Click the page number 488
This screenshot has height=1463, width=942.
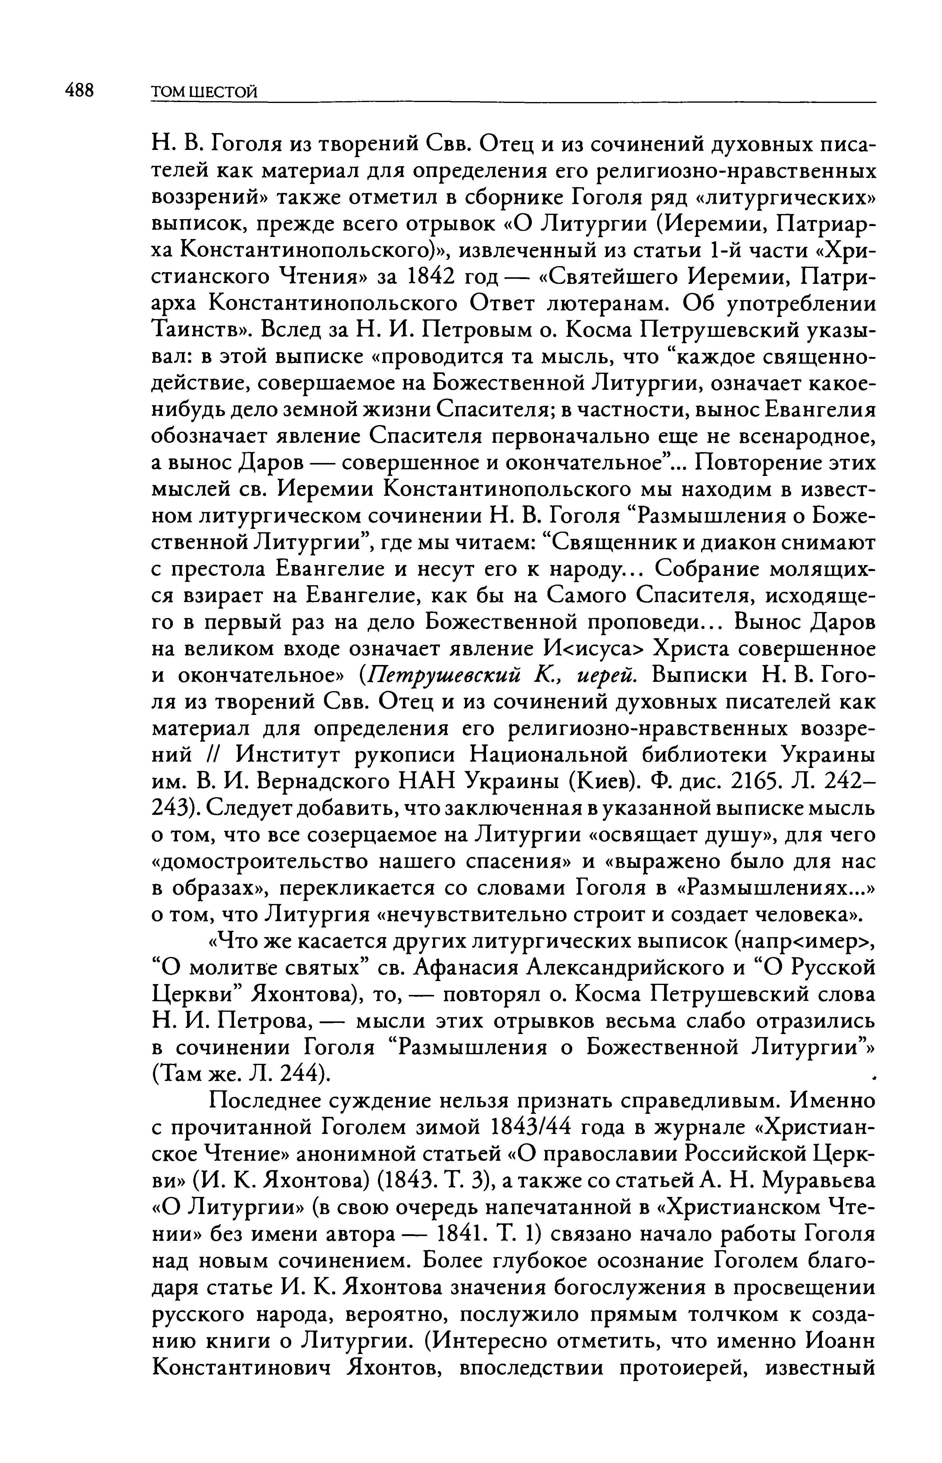click(x=80, y=91)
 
